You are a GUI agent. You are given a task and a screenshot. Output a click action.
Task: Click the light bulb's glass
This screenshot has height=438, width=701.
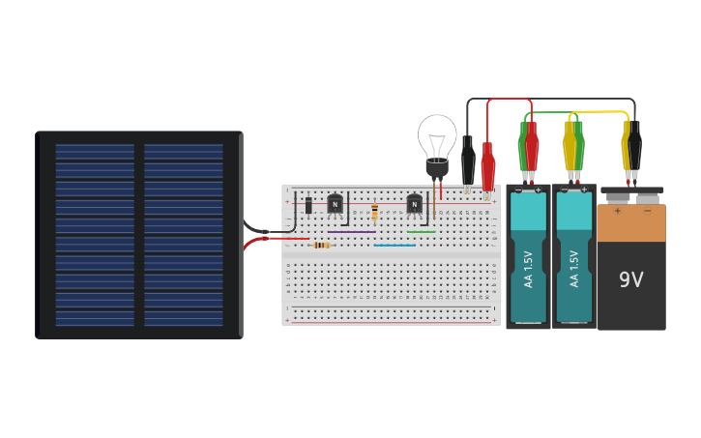(437, 136)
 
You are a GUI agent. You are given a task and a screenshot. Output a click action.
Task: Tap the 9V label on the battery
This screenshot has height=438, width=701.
(630, 279)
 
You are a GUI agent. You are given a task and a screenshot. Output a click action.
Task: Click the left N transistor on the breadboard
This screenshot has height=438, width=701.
(335, 203)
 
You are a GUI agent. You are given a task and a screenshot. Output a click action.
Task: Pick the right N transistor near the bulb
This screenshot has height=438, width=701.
(414, 203)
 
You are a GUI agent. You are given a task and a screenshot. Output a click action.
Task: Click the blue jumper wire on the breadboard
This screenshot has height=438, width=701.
(394, 246)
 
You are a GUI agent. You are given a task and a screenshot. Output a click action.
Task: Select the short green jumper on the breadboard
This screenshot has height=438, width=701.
(421, 232)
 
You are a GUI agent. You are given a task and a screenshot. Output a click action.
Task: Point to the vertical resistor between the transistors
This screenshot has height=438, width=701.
(374, 213)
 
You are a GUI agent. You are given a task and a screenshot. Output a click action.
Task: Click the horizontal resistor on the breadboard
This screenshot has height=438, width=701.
(321, 246)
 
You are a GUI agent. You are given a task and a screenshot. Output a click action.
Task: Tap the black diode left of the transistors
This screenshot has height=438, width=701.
(308, 205)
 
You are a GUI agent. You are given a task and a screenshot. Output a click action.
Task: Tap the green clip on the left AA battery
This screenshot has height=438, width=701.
(522, 147)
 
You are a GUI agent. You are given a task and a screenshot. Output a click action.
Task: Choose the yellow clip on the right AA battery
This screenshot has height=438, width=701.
(569, 147)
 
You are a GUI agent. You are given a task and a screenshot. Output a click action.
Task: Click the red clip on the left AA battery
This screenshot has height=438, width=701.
(532, 147)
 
